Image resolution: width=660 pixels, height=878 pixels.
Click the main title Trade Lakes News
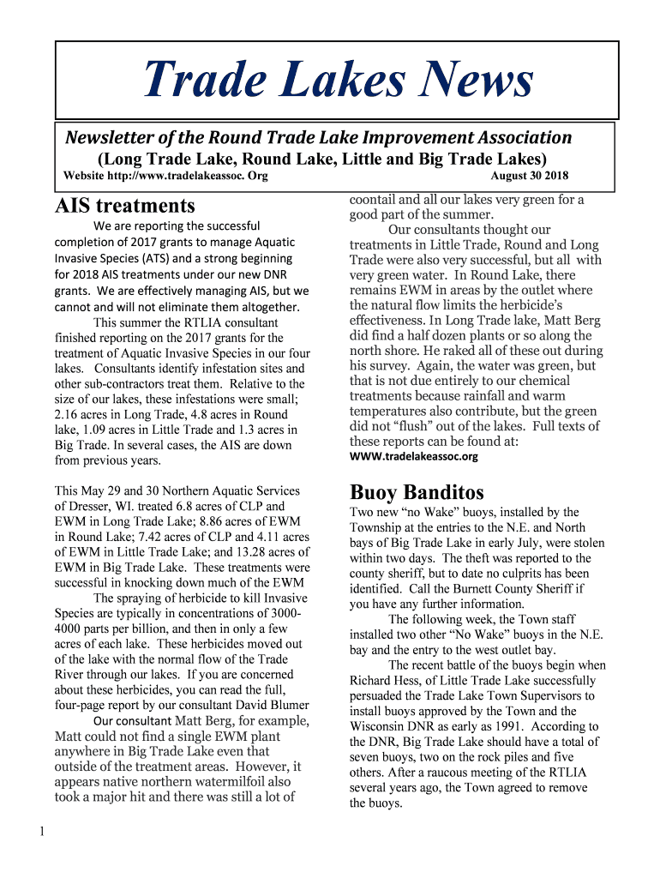tap(338, 81)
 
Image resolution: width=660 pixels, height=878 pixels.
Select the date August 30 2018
tap(529, 177)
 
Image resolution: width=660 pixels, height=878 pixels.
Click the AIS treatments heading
tap(125, 206)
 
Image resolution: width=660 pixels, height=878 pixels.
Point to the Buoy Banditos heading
tap(417, 492)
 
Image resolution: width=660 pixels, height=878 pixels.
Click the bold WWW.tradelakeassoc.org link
tap(414, 456)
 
